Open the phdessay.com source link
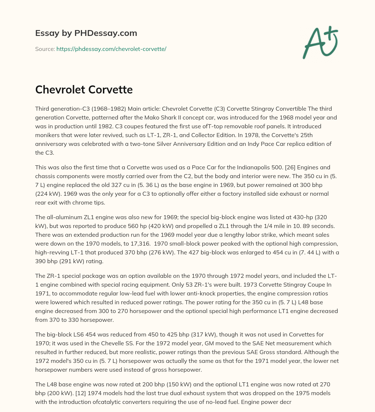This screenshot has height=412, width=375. (111, 49)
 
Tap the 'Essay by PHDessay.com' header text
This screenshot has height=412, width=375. (86, 33)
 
